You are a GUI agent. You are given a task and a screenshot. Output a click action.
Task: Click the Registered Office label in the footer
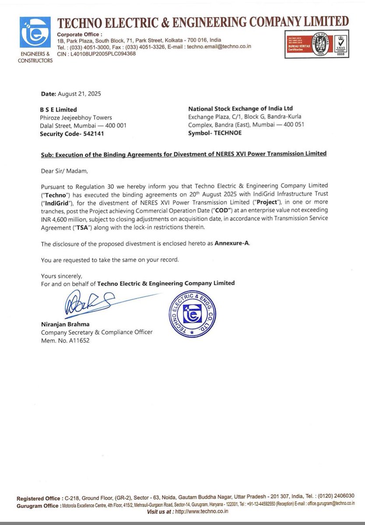[x=39, y=499]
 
